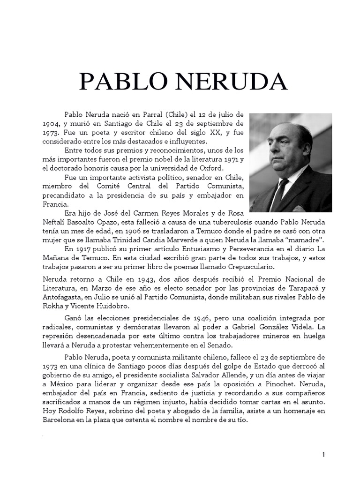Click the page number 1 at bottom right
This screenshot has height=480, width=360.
[x=323, y=455]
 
